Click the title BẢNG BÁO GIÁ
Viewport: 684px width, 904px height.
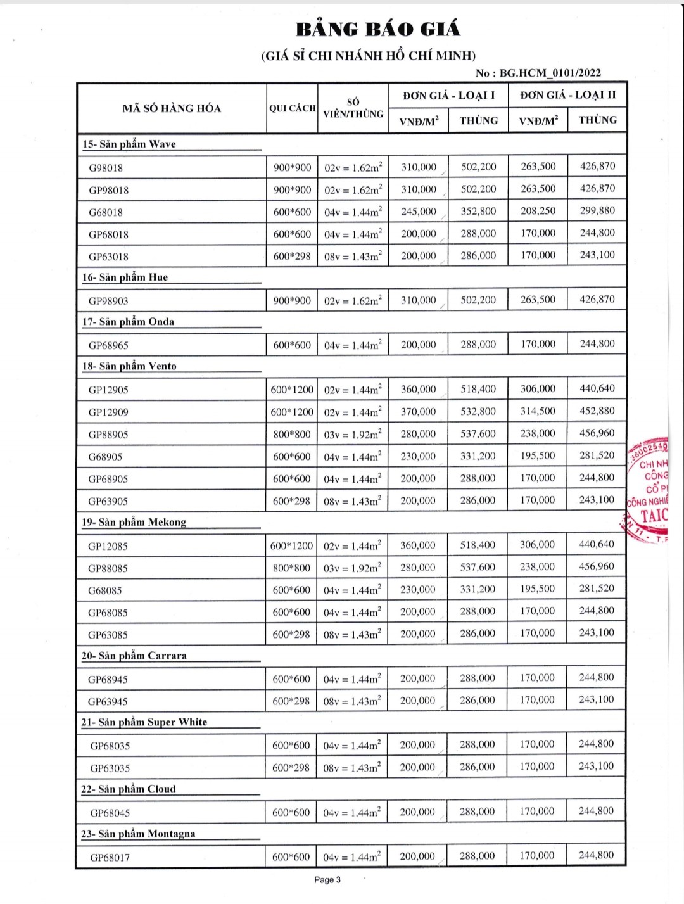(378, 29)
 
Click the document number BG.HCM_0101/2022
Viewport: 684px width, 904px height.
(550, 73)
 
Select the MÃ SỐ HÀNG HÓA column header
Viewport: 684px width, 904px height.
(172, 108)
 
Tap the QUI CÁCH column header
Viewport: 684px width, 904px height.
(292, 108)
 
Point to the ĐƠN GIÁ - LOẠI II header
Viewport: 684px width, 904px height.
(567, 95)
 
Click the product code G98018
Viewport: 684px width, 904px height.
(106, 168)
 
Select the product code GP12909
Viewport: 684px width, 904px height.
(108, 412)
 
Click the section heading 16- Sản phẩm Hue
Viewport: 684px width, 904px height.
(125, 277)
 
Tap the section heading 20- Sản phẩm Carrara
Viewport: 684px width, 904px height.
(134, 656)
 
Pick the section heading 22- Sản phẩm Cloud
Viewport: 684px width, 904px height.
(128, 789)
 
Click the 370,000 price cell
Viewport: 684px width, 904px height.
(418, 412)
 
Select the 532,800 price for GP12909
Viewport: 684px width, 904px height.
(478, 412)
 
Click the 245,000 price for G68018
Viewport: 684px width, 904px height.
(419, 212)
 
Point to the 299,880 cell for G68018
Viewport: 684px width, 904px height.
(597, 211)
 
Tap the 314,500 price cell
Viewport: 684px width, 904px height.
(538, 411)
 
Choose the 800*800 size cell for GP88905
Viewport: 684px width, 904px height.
(292, 435)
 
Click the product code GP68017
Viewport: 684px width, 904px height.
(110, 858)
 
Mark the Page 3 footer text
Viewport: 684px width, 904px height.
(327, 880)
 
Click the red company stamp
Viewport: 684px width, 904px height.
(649, 491)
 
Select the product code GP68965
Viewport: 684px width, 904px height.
(108, 345)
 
